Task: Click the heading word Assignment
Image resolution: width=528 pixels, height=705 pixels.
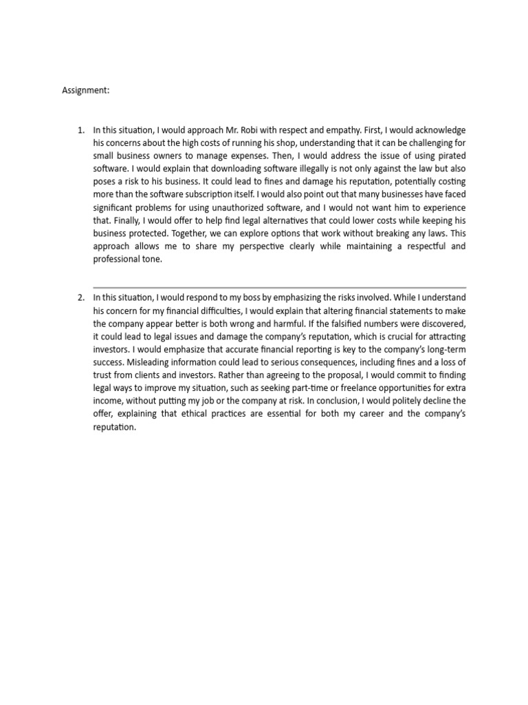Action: (x=85, y=90)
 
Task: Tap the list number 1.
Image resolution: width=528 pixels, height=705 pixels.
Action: (x=80, y=129)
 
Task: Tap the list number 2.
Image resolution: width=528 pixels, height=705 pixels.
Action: (x=80, y=297)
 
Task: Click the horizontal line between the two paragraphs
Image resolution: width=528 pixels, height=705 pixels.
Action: (x=279, y=287)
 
